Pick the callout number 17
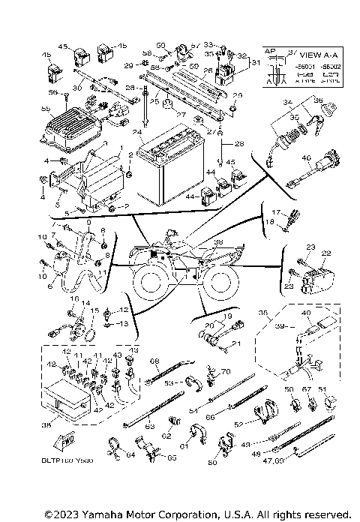coord(275,212)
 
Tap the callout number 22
coord(325,253)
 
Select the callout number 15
coord(94,310)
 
